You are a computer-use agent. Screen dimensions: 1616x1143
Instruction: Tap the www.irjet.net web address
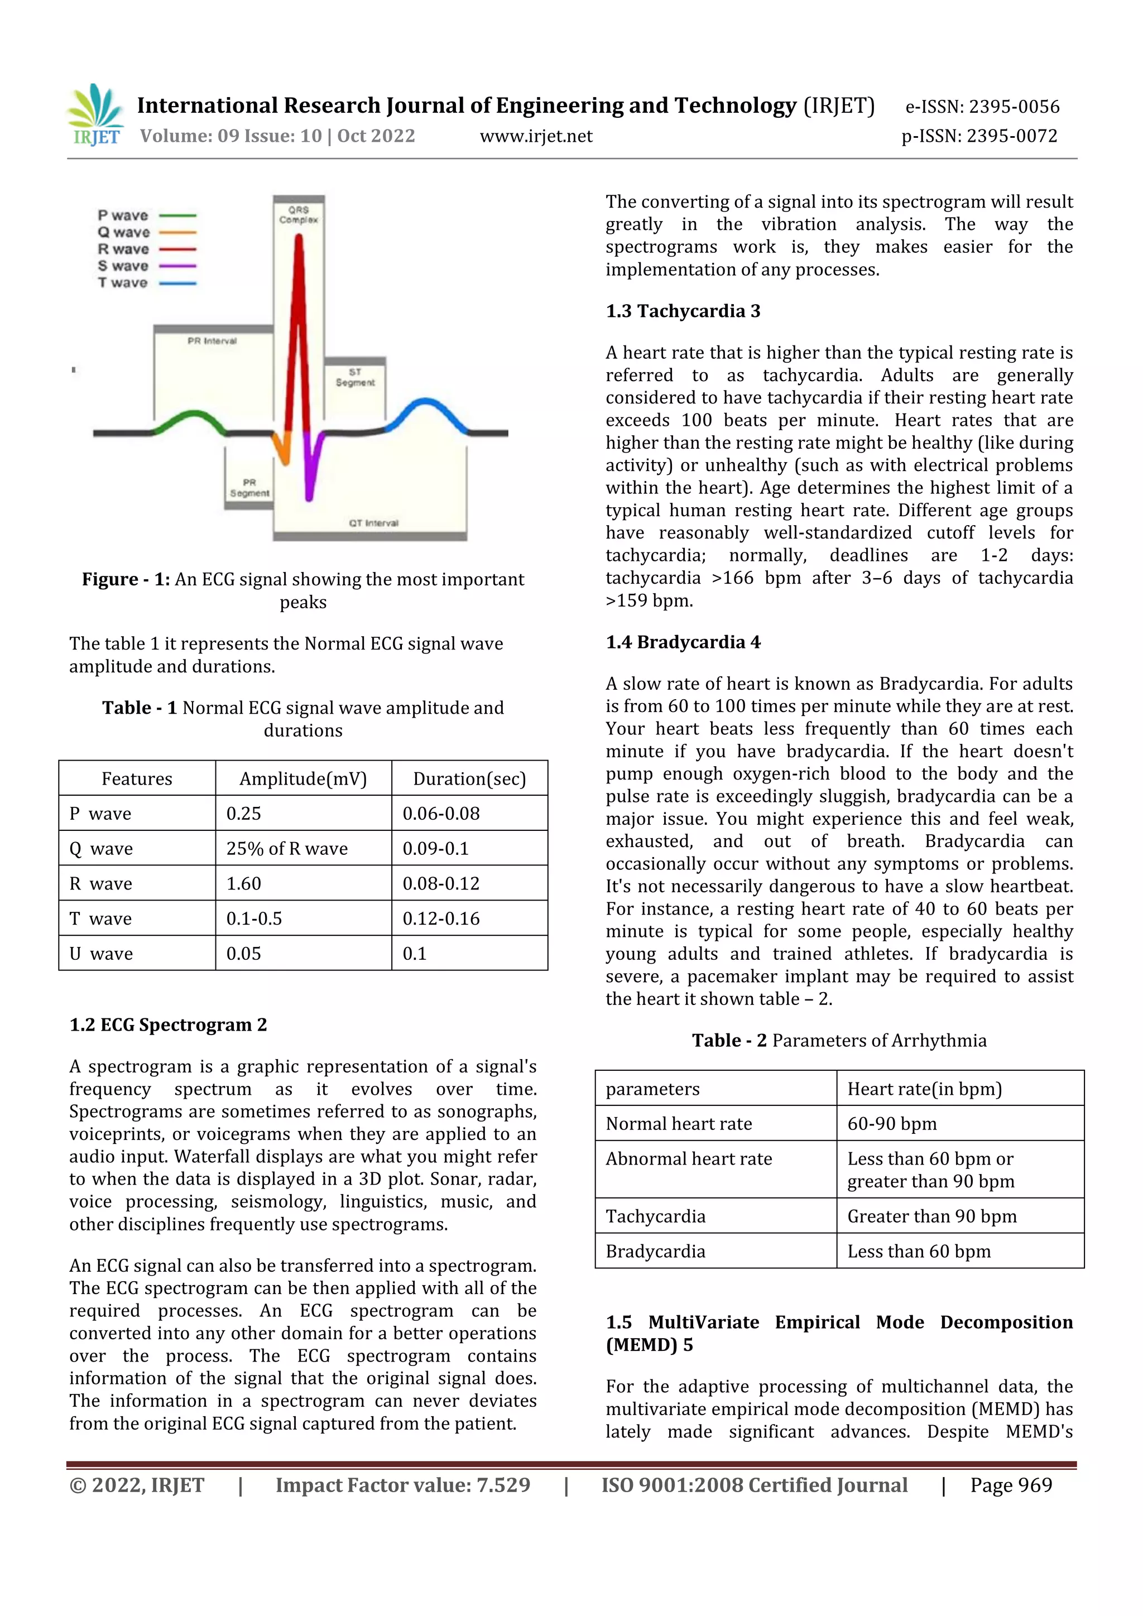coord(536,137)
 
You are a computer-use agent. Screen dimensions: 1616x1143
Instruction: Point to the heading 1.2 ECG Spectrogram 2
coord(167,1025)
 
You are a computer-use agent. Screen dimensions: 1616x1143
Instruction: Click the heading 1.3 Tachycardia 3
coord(683,311)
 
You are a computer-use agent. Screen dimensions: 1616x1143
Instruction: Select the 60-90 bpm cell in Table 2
coord(891,1124)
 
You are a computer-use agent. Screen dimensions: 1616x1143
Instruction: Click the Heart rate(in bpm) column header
coord(924,1089)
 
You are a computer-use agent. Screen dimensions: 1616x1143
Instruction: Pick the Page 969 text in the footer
coord(1011,1485)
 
